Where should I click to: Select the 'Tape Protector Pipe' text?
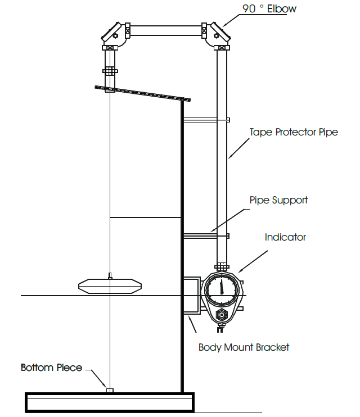294,132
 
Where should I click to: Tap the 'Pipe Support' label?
278,200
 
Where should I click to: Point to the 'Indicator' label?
285,237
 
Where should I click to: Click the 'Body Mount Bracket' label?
244,347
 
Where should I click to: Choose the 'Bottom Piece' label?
51,368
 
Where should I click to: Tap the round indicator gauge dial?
222,289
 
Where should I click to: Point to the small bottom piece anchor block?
110,389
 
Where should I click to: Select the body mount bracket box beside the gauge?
193,294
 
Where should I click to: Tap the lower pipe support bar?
205,235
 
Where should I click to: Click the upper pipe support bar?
205,119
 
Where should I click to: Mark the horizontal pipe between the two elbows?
166,30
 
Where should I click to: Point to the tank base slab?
110,402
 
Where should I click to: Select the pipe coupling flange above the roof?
110,71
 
